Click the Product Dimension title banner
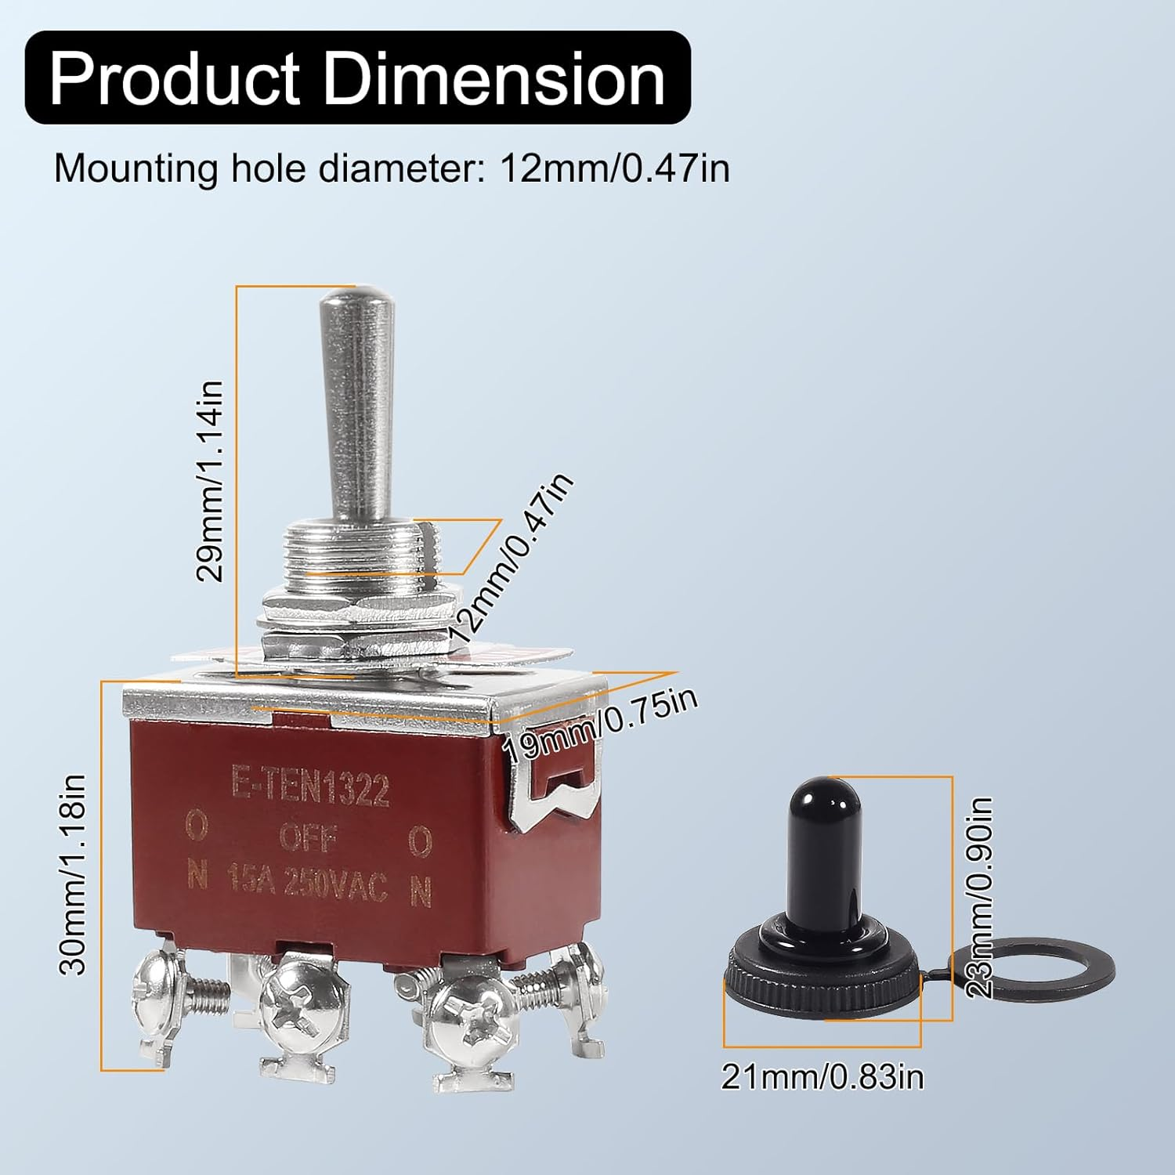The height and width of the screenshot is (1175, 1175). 357,78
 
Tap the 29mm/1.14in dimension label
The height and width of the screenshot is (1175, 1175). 210,481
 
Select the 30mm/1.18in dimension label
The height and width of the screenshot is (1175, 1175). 74,874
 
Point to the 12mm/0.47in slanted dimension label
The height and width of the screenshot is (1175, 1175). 511,558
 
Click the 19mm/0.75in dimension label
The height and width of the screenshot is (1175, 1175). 599,725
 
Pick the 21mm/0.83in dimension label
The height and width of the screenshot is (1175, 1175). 822,1077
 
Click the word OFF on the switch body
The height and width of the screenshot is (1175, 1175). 308,839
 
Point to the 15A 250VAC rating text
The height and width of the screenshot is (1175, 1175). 307,885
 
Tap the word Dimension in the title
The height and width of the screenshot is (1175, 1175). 493,79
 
